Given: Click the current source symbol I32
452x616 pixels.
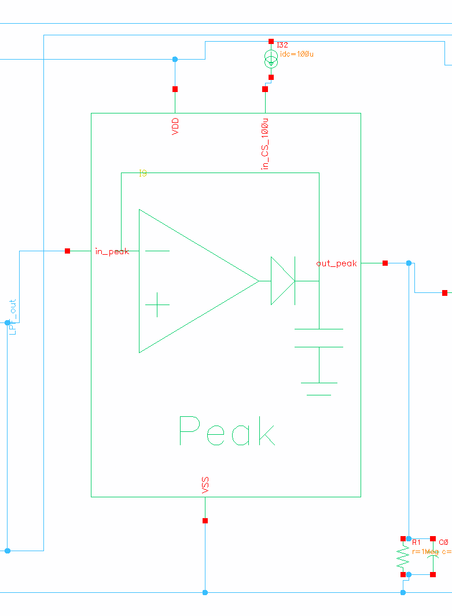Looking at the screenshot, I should pyautogui.click(x=271, y=58).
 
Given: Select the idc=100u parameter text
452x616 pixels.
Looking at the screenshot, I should pyautogui.click(x=297, y=54).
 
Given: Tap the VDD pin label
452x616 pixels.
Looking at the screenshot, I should pyautogui.click(x=175, y=127).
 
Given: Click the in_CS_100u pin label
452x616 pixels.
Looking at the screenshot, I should pyautogui.click(x=265, y=144).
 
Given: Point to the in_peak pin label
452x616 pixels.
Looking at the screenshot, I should pyautogui.click(x=112, y=251).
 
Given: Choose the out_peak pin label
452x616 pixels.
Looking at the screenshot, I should pyautogui.click(x=336, y=263).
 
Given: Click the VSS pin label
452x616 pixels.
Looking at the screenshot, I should pyautogui.click(x=205, y=485).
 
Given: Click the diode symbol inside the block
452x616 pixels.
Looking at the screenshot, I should pyautogui.click(x=283, y=281).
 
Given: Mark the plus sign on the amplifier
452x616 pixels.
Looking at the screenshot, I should pyautogui.click(x=157, y=304).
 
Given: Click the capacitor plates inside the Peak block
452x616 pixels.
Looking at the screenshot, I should pyautogui.click(x=319, y=338).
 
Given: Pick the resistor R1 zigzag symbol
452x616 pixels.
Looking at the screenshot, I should pyautogui.click(x=403, y=558).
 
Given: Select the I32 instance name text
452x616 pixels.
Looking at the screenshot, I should pyautogui.click(x=282, y=45).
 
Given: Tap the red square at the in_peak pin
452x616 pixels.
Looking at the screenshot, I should pyautogui.click(x=68, y=251).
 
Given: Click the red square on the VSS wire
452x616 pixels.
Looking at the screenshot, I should pyautogui.click(x=205, y=521).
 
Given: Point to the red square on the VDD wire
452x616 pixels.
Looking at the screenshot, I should pyautogui.click(x=175, y=89).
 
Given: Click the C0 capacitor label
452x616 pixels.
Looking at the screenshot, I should pyautogui.click(x=443, y=542).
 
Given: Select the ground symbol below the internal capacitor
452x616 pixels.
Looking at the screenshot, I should pyautogui.click(x=319, y=388).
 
